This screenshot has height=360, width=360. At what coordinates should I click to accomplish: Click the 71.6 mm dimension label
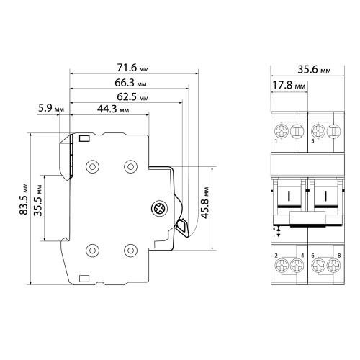point(132,68)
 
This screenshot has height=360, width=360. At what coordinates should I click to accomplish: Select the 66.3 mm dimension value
point(130,83)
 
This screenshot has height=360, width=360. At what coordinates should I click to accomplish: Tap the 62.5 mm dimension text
point(132,97)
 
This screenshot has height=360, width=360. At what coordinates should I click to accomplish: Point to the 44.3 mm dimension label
point(113,109)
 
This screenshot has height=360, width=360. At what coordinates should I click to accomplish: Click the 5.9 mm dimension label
point(51,108)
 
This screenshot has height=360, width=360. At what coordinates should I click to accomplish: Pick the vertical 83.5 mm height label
point(24,199)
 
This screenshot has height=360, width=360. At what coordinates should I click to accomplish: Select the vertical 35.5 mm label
point(37,200)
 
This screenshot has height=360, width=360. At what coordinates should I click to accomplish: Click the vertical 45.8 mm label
point(204,203)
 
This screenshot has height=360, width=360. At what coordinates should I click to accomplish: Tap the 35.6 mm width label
point(314,70)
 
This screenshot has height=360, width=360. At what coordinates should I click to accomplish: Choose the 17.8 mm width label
point(289,85)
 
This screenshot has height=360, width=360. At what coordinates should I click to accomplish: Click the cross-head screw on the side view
point(159,208)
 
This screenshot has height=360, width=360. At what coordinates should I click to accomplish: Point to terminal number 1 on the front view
point(276,141)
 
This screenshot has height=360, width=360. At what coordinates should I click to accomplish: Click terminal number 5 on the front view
point(312,141)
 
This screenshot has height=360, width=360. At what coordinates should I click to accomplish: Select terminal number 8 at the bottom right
point(339,256)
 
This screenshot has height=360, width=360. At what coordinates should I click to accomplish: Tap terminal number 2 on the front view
point(276,256)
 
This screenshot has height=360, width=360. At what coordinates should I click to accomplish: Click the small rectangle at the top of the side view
point(84,138)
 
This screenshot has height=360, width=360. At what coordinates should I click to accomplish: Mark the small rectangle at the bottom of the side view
point(84,279)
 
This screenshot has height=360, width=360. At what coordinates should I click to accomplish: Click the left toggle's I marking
point(289,196)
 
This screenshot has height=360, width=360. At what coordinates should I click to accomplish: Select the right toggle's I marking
point(325,196)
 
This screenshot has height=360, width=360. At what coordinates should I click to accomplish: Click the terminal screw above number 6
point(318,266)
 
